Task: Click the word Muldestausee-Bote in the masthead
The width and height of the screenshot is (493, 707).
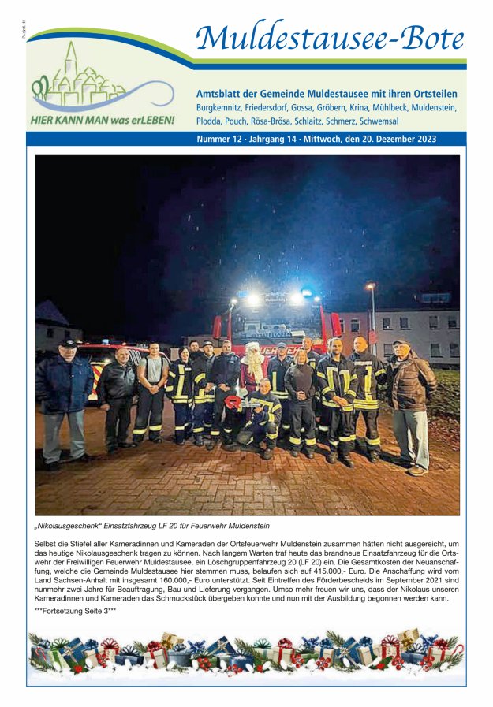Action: click(330, 37)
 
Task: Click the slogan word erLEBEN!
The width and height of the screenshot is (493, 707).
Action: click(148, 121)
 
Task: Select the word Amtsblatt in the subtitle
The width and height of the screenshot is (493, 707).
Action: click(223, 93)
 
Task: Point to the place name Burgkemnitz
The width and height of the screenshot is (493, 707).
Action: click(222, 107)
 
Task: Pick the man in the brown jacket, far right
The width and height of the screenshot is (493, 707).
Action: click(410, 406)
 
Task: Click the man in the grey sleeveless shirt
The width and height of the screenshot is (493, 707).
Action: click(151, 394)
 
